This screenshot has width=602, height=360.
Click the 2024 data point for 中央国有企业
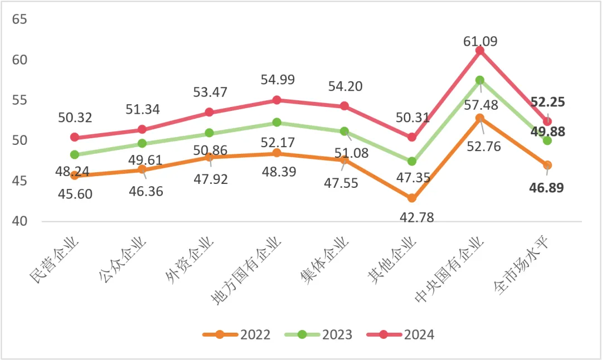pyautogui.click(x=479, y=51)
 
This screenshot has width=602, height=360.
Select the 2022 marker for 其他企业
pyautogui.click(x=412, y=198)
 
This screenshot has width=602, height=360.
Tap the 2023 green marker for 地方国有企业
pyautogui.click(x=276, y=122)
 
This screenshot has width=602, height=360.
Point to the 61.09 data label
pyautogui.click(x=480, y=41)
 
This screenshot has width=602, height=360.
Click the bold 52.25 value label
pyautogui.click(x=547, y=101)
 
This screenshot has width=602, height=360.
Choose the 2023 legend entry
pyautogui.click(x=319, y=334)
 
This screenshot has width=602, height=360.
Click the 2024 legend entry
pyautogui.click(x=401, y=334)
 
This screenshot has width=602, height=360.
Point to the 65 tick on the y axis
pyautogui.click(x=20, y=20)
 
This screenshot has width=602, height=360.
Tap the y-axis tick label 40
pyautogui.click(x=20, y=221)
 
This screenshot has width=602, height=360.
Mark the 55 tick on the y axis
pyautogui.click(x=20, y=100)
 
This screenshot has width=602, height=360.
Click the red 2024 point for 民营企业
pyautogui.click(x=74, y=137)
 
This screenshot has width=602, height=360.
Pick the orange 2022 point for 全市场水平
pyautogui.click(x=547, y=165)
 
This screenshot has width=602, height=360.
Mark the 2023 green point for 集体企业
pyautogui.click(x=344, y=131)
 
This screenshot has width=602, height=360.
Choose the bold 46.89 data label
pyautogui.click(x=547, y=187)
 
